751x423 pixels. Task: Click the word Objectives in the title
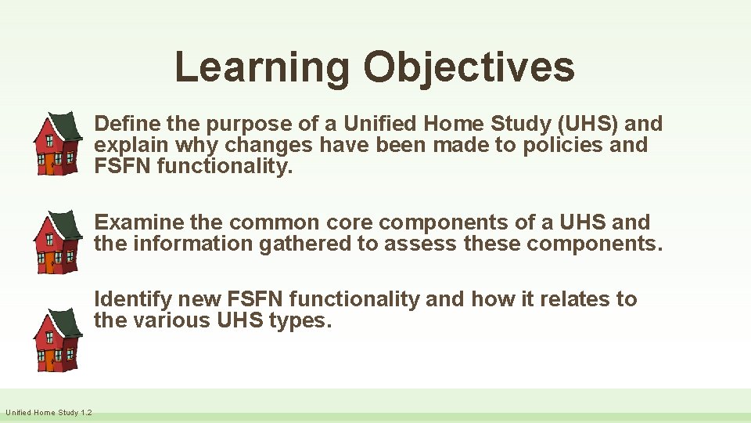pyautogui.click(x=469, y=67)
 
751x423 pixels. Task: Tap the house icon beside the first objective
pyautogui.click(x=56, y=143)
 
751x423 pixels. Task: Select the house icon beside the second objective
pyautogui.click(x=56, y=241)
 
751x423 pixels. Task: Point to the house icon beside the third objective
pyautogui.click(x=56, y=339)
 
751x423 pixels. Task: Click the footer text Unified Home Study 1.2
pyautogui.click(x=49, y=413)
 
